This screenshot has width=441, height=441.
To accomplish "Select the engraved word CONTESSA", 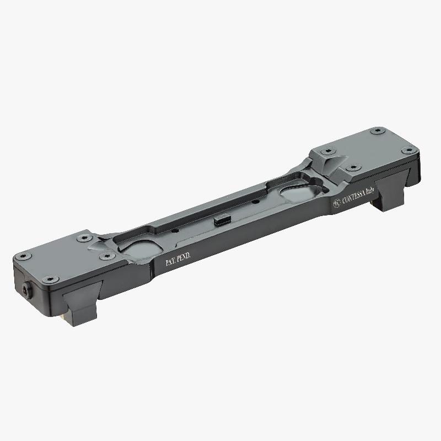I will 356,197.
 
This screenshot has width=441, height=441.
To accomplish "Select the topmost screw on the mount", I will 377,131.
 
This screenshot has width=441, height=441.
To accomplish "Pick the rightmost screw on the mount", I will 408,150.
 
